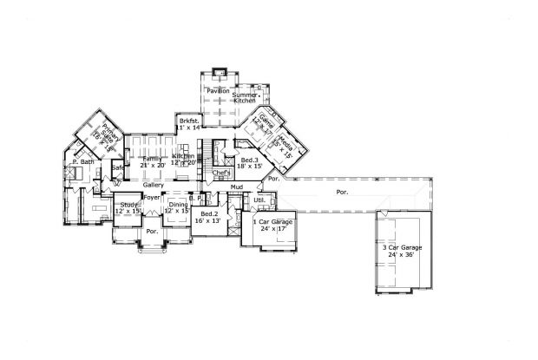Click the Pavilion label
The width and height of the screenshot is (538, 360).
218,90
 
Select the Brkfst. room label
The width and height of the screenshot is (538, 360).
189,121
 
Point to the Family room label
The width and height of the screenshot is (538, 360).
152,158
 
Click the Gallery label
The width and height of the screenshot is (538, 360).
153,185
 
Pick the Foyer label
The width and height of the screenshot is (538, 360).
153,198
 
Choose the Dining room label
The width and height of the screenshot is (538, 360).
177,205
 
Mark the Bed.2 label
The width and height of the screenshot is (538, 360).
208,213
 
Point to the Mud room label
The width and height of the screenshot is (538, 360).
236,187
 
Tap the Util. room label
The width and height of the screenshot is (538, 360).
259,200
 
